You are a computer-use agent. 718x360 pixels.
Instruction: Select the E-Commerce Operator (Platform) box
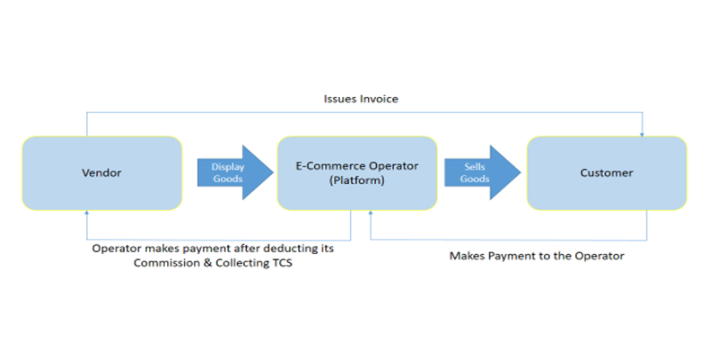coord(357,171)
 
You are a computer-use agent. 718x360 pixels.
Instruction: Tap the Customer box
coord(606,171)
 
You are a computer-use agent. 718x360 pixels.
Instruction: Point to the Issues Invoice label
coord(361,99)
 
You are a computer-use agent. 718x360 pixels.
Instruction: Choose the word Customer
coord(606,171)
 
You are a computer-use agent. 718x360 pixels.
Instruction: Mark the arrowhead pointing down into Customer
coord(643,134)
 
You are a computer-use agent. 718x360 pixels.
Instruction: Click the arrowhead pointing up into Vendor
coord(87,212)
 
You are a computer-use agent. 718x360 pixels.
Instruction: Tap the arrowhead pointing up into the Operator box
coord(371,212)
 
